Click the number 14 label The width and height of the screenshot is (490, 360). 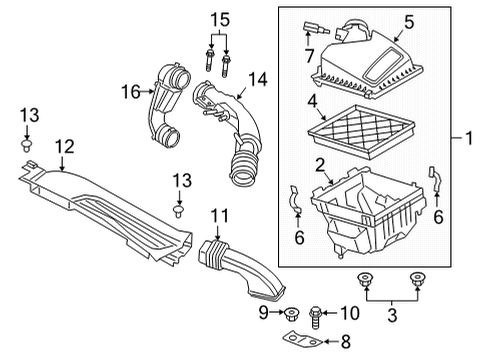pos(258,77)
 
